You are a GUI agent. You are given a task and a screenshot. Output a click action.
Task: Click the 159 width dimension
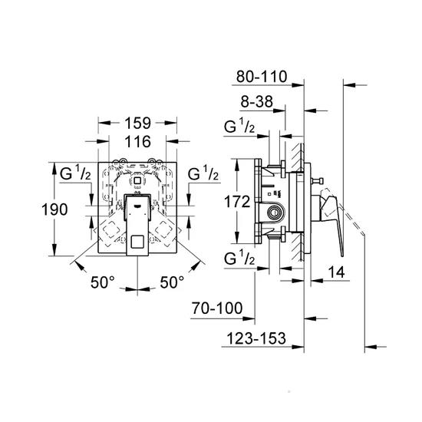click(137, 121)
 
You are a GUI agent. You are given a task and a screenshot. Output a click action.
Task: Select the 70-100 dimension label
click(217, 308)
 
